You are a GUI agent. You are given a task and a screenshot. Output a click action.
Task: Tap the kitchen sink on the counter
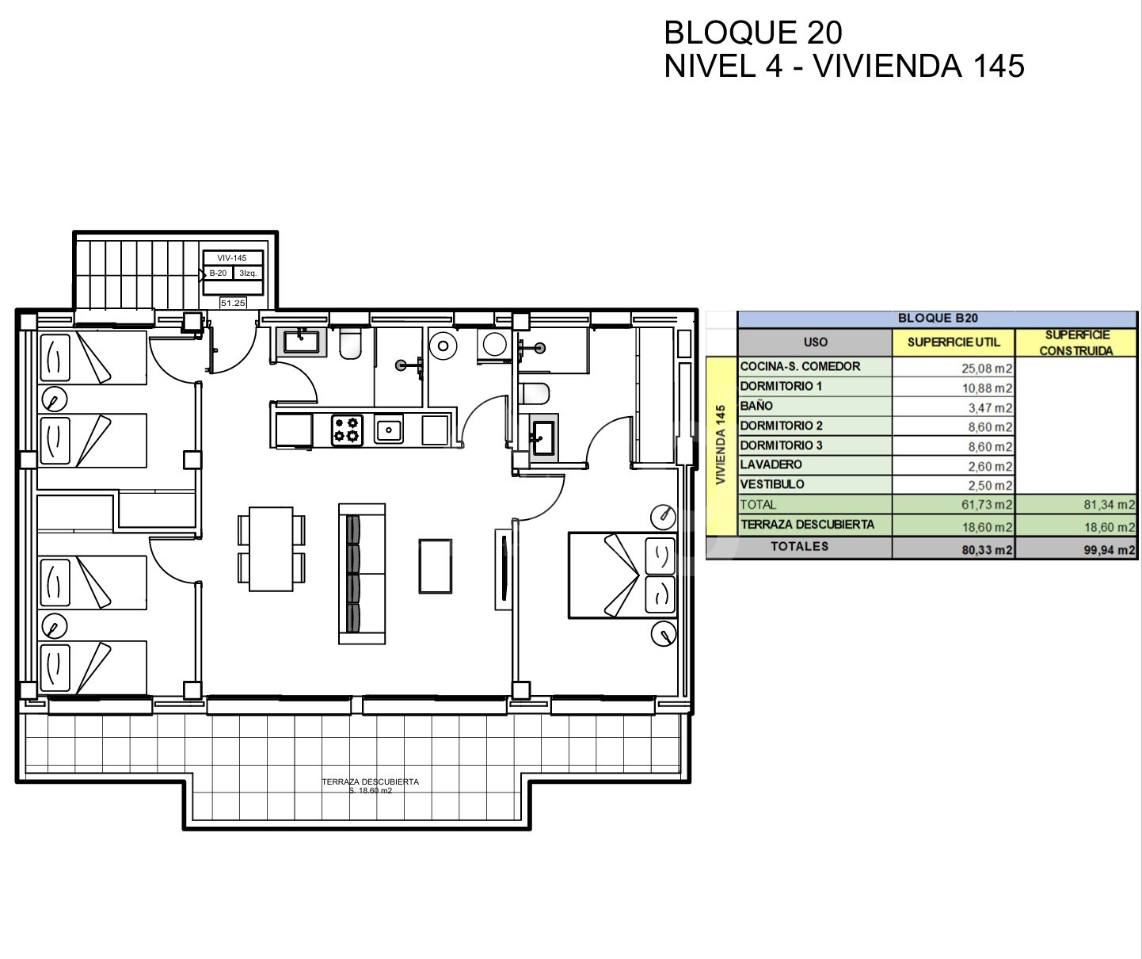coord(389,430)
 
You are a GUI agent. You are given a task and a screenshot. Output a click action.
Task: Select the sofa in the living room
coord(361,574)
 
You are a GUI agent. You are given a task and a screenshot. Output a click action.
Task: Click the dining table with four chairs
coord(272,549)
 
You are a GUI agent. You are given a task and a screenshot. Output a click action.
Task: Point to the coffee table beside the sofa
coord(436,566)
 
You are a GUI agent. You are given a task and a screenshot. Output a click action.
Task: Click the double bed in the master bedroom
coord(622,575)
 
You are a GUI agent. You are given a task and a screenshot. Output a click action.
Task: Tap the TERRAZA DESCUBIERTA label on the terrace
coord(371,781)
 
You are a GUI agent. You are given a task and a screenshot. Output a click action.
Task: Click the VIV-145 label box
coord(233,258)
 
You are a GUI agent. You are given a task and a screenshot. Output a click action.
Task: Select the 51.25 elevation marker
coord(233,303)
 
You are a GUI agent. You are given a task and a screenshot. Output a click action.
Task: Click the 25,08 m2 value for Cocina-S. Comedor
coord(987,369)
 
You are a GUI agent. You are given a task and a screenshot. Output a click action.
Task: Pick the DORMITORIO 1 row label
coord(781,386)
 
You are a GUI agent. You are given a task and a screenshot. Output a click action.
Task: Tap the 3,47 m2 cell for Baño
coord(990,408)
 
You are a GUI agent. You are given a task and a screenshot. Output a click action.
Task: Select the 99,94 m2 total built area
coord(1110,550)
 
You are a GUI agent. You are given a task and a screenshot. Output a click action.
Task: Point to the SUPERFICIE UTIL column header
coord(954,342)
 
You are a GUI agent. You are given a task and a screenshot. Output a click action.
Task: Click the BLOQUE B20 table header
coord(938,318)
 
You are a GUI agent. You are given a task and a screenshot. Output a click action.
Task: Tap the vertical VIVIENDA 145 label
coord(721,445)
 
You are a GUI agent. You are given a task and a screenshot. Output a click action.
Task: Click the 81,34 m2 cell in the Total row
coord(1110,505)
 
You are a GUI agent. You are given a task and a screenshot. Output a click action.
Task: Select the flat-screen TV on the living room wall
coord(503,569)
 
